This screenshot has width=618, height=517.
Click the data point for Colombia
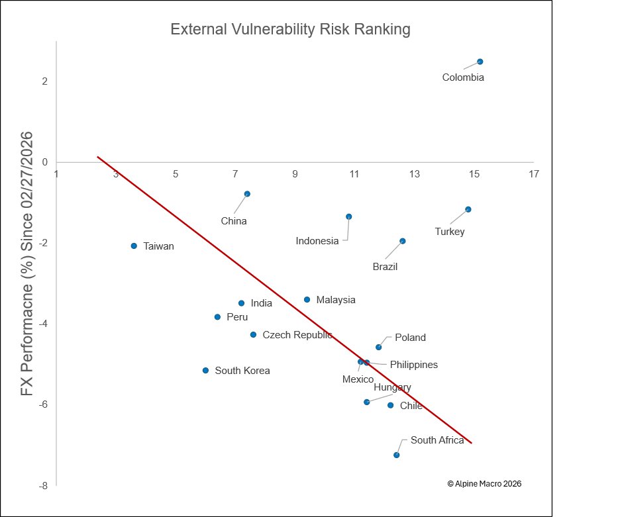[x=480, y=62]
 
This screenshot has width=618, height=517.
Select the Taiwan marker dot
[x=134, y=246]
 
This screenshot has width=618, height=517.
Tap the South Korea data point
[x=205, y=370]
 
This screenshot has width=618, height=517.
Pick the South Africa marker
[x=396, y=455]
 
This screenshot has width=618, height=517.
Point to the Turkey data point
[x=468, y=209]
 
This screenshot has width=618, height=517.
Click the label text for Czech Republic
[x=297, y=335]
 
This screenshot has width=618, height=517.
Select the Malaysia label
[x=336, y=300]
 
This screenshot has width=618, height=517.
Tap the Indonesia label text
[x=317, y=241]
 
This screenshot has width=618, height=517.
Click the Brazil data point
[x=403, y=241]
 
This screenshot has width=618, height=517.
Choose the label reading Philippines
[x=413, y=365]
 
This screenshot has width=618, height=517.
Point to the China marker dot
[x=247, y=194]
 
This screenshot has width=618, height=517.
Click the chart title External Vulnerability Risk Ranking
[x=291, y=29]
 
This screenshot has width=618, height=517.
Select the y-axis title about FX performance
[x=26, y=264]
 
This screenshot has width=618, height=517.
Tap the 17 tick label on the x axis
[x=534, y=174]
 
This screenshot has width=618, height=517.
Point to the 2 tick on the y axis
[x=44, y=81]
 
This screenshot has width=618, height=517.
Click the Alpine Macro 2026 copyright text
[x=484, y=484]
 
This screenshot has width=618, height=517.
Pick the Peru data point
[x=217, y=317]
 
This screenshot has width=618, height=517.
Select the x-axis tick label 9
[x=295, y=174]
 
